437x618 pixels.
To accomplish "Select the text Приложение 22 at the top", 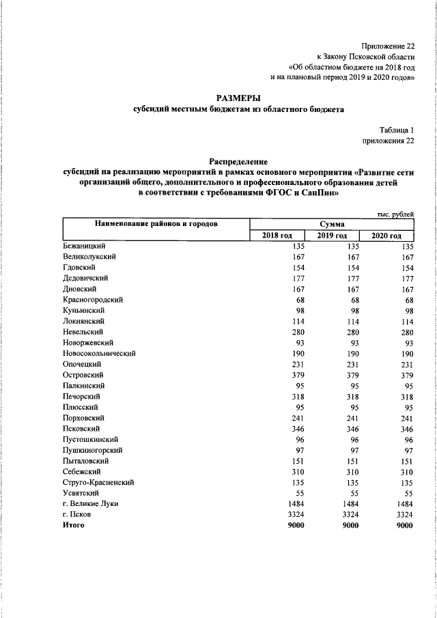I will tap(388, 45).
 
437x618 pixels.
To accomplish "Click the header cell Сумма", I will tap(332, 224).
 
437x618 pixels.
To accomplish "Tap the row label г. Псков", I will tap(78, 514).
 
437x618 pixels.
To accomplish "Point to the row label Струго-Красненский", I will tap(98, 481).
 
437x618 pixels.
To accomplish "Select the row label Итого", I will tap(72, 525).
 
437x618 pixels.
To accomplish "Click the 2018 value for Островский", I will tap(296, 375).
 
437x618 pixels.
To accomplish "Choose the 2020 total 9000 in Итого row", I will tap(405, 525).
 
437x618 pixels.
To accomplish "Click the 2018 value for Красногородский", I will tap(298, 300).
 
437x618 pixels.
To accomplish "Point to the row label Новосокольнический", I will tap(99, 353).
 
